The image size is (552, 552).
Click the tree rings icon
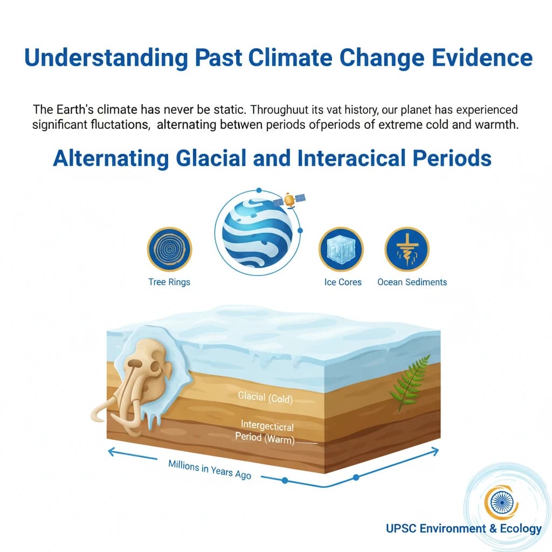point(169,249)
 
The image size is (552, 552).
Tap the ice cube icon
point(341,249)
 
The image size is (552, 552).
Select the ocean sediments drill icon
point(406,249)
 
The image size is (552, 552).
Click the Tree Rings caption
point(169,282)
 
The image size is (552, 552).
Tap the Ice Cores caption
point(343,282)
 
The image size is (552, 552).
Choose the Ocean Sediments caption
point(412,282)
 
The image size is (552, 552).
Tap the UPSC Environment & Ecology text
point(464,528)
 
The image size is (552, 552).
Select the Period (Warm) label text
point(265,437)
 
